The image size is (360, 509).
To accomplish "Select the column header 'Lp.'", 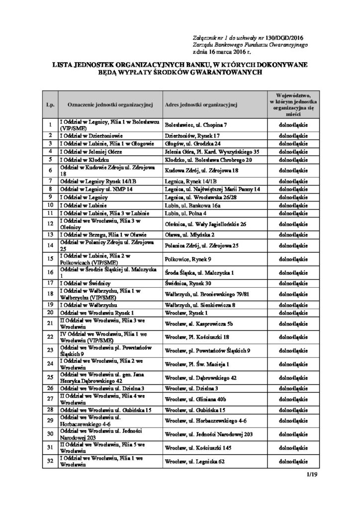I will (x=50, y=105).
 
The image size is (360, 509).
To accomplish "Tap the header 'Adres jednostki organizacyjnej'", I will (x=200, y=105).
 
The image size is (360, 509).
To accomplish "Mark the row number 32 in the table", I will (x=50, y=461).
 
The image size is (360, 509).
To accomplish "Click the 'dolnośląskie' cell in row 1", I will (x=293, y=125).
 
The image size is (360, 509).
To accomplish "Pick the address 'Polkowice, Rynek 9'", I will (x=188, y=259).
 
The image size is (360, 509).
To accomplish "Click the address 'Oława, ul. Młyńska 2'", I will (x=190, y=234).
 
